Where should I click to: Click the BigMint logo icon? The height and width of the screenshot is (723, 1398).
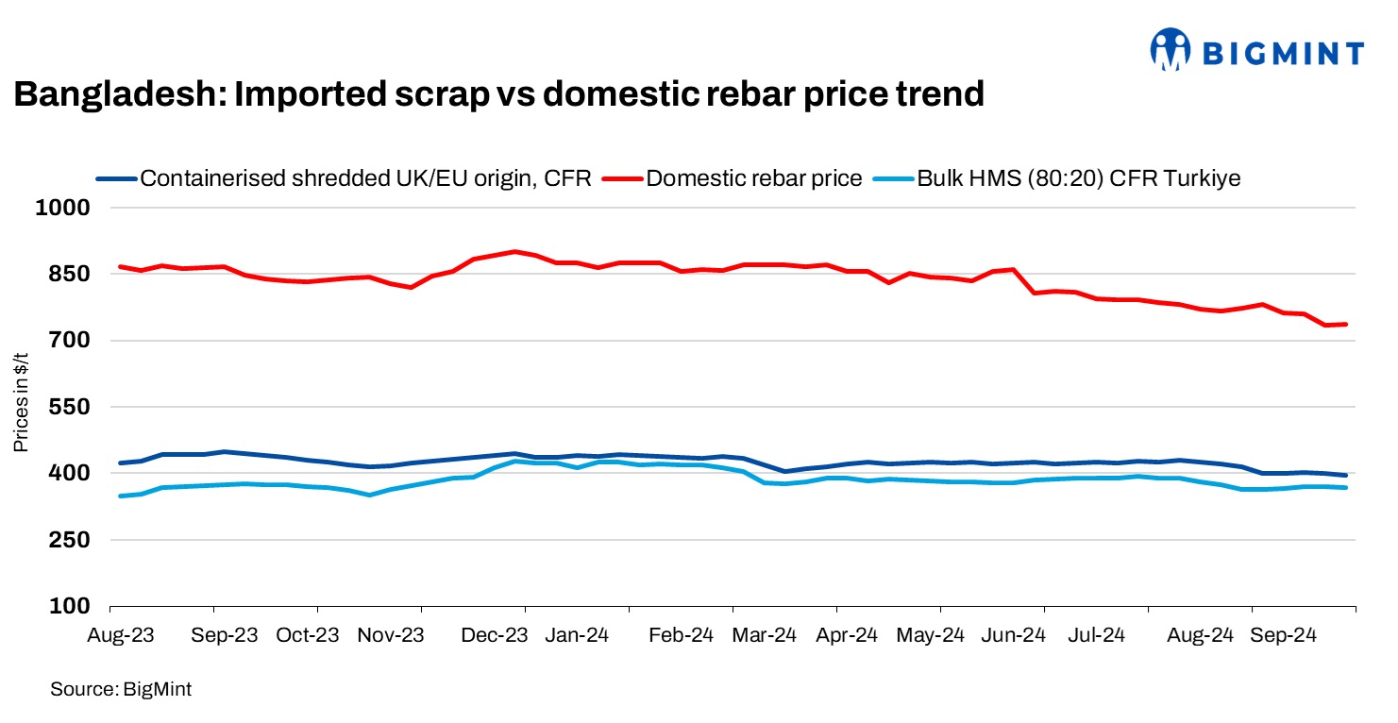coord(1171,49)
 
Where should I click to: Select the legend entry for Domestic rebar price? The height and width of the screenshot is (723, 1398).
coord(753,178)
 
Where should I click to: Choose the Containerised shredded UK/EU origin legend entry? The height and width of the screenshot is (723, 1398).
coord(364,178)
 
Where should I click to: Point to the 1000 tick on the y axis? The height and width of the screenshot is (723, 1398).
coord(61,208)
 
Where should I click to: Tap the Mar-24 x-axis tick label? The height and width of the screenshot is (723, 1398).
coord(765,635)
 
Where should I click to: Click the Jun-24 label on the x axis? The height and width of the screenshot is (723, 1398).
coord(1013,635)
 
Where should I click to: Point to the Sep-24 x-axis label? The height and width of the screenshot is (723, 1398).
coord(1283,635)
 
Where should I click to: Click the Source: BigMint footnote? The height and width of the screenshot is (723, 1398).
coord(121,690)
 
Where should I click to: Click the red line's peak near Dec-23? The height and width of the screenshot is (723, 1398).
coord(514,251)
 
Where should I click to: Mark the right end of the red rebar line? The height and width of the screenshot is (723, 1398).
coord(1346,324)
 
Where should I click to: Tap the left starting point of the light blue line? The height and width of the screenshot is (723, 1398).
coord(120,496)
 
